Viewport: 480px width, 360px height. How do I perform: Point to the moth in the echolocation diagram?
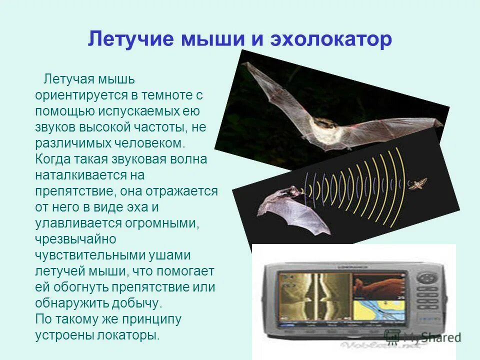coord(416,183)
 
